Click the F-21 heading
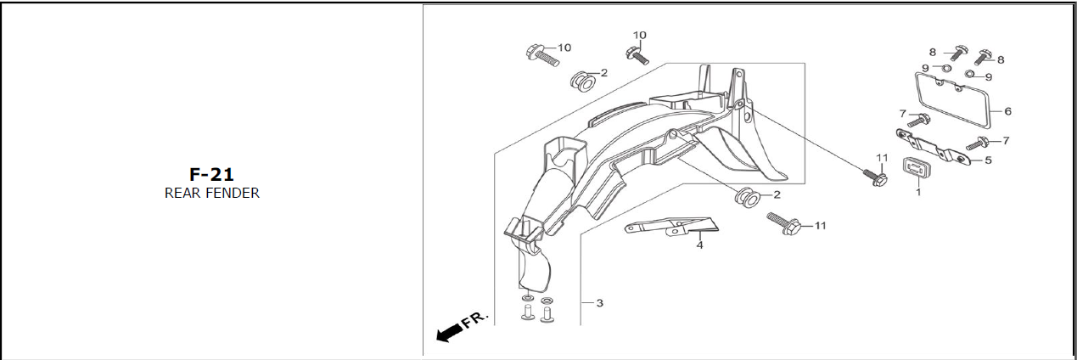pos(211,175)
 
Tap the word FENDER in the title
pos(232,193)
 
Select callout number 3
pos(599,303)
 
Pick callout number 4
pos(699,245)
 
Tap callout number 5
pos(988,160)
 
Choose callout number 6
pos(1007,110)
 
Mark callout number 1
pos(917,192)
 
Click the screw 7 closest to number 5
pos(976,143)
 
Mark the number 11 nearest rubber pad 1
pos(881,158)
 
